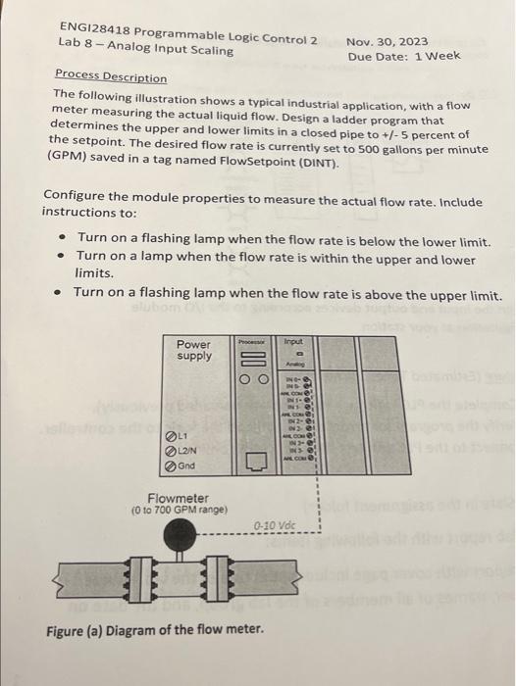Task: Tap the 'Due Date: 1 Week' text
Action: [x=403, y=56]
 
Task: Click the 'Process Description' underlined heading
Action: [x=111, y=75]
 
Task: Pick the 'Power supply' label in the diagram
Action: [x=192, y=350]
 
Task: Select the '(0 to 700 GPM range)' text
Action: [x=180, y=511]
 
